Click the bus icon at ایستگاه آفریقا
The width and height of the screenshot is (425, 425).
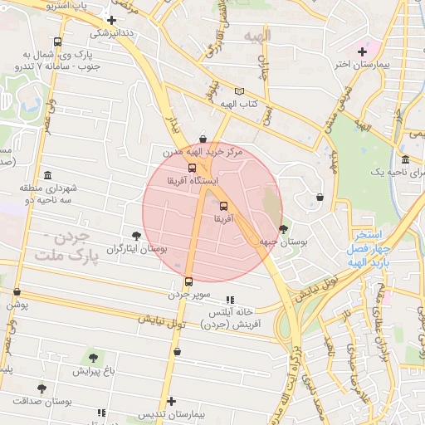point(193,168)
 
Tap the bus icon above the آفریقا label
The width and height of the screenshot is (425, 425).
point(223,206)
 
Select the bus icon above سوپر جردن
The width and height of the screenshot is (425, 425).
point(188,281)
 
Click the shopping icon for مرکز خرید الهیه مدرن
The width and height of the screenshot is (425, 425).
point(203,139)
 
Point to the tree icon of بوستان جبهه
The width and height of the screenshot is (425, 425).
point(284,228)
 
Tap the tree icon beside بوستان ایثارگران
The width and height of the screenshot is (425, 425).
point(137,237)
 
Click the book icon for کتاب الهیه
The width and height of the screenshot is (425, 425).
point(240,90)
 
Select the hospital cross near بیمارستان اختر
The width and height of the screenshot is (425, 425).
point(362,51)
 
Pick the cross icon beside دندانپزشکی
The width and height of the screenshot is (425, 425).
point(112,20)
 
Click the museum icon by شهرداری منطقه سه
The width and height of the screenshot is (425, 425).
point(47,176)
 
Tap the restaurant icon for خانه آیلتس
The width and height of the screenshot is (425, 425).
point(230,300)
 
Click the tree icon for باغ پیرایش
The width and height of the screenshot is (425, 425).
point(92,357)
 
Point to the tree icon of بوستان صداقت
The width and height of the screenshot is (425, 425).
point(42,388)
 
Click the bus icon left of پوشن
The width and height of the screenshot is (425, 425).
point(17,292)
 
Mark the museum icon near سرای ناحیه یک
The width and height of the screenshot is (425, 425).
point(405,159)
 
